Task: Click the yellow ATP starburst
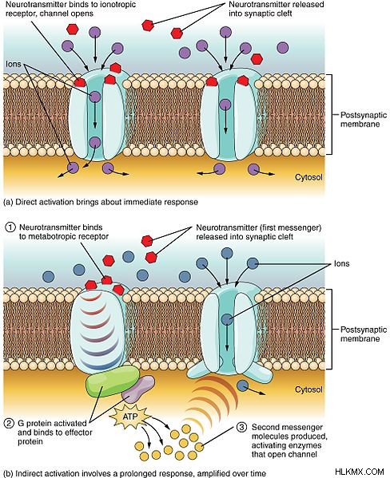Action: pyautogui.click(x=130, y=417)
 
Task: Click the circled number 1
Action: pyautogui.click(x=10, y=227)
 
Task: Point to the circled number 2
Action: pyautogui.click(x=9, y=424)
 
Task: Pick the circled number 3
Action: pyautogui.click(x=241, y=428)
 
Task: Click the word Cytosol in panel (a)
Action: pyautogui.click(x=308, y=177)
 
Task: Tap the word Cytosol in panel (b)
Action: pyautogui.click(x=308, y=389)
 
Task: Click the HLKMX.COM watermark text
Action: pyautogui.click(x=359, y=472)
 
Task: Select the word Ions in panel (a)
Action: pyautogui.click(x=14, y=65)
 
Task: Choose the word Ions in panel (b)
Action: pyautogui.click(x=341, y=263)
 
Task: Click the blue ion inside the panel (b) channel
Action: pyautogui.click(x=227, y=319)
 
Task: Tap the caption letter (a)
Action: pyautogui.click(x=8, y=202)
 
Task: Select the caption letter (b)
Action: pyautogui.click(x=8, y=473)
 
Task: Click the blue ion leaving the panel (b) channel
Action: pyautogui.click(x=243, y=385)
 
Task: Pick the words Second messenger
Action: pyautogui.click(x=287, y=428)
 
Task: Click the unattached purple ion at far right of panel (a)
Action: pyautogui.click(x=282, y=48)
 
